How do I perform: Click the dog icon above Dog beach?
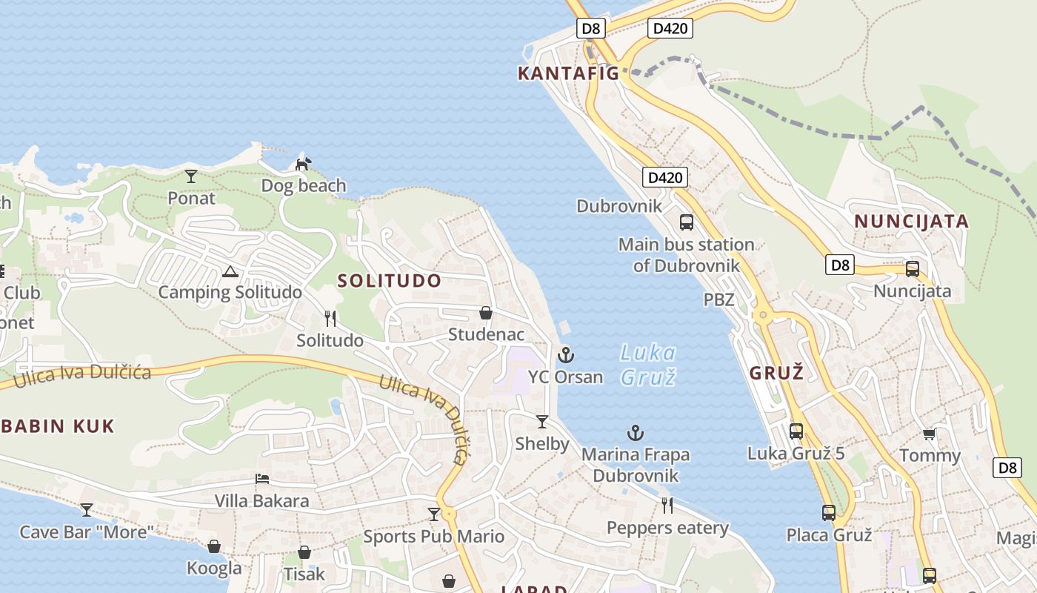tap(303, 163)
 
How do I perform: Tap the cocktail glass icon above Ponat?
tap(191, 176)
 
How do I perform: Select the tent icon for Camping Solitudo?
tap(230, 271)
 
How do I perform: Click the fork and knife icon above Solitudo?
tap(330, 319)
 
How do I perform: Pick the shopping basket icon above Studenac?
tap(486, 314)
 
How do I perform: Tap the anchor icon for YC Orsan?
tap(566, 355)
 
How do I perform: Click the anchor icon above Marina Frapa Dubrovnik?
tap(635, 433)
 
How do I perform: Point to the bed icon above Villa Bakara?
tap(261, 479)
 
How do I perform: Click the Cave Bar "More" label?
tap(87, 531)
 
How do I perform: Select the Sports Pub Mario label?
tap(433, 536)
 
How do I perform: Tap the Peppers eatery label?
tap(667, 528)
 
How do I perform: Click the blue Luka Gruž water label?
tap(648, 364)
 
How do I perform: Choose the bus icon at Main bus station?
tap(687, 222)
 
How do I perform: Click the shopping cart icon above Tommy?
tap(930, 434)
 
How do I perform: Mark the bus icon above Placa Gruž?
tap(829, 512)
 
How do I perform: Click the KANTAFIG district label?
tap(568, 73)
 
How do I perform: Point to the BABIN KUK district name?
tap(58, 426)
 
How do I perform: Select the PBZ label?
tap(718, 300)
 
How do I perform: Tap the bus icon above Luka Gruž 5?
tap(796, 431)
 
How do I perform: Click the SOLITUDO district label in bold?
tap(390, 281)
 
